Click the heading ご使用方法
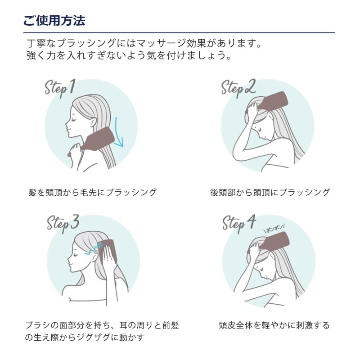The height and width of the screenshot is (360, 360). (54, 21)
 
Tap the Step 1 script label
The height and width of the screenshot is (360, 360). (60, 88)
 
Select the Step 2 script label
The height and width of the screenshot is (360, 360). (238, 89)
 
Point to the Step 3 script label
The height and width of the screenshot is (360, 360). (63, 223)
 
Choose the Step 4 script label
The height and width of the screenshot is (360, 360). (239, 224)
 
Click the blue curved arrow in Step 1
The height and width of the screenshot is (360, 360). (119, 133)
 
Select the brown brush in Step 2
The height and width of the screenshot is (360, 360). (271, 102)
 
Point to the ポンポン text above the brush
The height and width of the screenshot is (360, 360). (274, 229)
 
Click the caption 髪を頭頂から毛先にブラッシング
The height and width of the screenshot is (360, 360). (92, 193)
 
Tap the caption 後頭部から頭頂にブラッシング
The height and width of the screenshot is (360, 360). (270, 193)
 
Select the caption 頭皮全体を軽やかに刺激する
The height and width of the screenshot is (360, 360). (274, 325)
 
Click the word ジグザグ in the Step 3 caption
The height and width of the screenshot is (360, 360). (94, 337)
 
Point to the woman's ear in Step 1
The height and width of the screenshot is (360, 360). (93, 122)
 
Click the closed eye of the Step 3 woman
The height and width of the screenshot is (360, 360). (77, 255)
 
